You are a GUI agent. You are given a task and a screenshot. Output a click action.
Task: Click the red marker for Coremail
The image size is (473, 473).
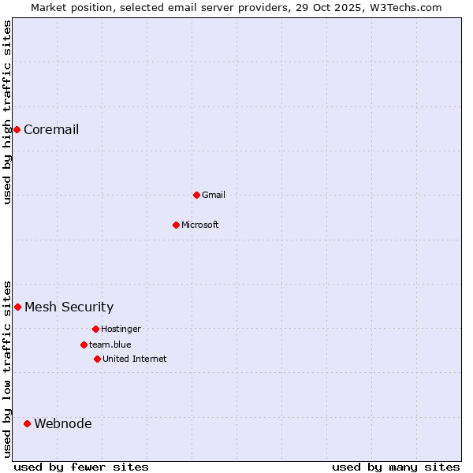[17, 129]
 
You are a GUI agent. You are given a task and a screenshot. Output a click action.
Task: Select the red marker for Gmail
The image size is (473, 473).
[196, 195]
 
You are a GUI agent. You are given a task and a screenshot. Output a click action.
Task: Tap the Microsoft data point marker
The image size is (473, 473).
[176, 225]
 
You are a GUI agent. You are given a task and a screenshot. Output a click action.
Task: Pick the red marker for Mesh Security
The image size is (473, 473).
[17, 307]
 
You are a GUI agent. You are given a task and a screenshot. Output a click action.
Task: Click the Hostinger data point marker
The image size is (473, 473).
[95, 329]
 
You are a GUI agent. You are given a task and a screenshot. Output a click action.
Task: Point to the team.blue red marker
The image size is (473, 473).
[84, 345]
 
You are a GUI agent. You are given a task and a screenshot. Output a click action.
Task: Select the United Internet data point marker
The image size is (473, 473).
[97, 359]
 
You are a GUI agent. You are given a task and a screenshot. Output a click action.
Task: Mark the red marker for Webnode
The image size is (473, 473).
[27, 423]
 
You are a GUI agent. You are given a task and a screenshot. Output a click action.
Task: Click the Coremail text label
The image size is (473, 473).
[51, 130]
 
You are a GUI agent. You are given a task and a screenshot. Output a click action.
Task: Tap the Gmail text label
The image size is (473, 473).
[214, 196]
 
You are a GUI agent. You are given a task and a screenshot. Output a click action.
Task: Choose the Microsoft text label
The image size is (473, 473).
[200, 225]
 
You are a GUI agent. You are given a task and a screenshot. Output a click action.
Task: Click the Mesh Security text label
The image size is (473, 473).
[69, 307]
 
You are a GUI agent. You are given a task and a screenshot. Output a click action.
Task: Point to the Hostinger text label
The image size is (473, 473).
[121, 330]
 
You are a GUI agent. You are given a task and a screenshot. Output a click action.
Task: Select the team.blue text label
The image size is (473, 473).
[110, 345]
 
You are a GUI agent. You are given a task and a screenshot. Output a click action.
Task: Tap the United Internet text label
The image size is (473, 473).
[135, 359]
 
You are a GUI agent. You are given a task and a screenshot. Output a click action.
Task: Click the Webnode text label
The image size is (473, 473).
[62, 424]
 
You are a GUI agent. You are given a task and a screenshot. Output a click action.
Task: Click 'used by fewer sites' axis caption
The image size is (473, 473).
[81, 467]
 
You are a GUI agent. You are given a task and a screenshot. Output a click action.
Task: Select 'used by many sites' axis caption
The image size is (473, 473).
[396, 467]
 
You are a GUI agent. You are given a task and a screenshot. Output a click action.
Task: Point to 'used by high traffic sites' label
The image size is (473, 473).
[7, 112]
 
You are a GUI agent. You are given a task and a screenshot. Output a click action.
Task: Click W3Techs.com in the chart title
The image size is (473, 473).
[403, 7]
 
